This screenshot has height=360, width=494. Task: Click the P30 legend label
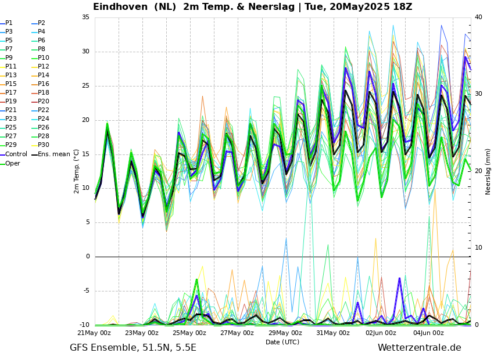[x=44, y=145]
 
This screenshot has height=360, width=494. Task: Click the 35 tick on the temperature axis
[x=85, y=17]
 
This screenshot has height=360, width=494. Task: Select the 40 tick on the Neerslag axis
[x=478, y=17]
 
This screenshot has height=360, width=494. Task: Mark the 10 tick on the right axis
[x=478, y=248]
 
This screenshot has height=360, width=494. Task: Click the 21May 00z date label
[x=94, y=333]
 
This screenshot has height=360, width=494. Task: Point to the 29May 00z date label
[x=285, y=333]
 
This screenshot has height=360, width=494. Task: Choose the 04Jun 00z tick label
[x=429, y=333]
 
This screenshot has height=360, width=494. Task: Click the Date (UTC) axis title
[x=282, y=343]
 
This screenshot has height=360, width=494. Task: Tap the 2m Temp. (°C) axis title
[x=76, y=171]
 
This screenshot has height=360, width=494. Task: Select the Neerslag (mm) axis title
[x=488, y=171]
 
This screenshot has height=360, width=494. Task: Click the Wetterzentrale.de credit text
[x=419, y=348]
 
